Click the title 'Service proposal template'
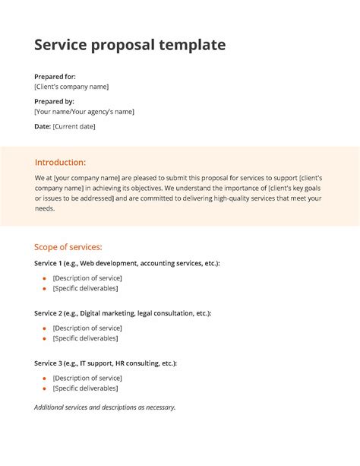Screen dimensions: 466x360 click(x=130, y=45)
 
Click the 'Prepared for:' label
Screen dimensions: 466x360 click(x=55, y=77)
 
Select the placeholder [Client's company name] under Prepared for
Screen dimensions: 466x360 click(x=77, y=87)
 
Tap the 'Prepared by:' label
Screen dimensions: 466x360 click(x=54, y=101)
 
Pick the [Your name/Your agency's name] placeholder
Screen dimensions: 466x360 click(x=84, y=112)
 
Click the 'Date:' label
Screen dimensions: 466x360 click(x=43, y=126)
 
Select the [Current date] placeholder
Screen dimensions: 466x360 click(x=74, y=126)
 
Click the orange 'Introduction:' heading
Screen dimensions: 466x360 click(x=60, y=162)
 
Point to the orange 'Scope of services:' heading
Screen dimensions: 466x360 click(x=68, y=247)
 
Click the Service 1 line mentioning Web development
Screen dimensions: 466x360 click(x=127, y=263)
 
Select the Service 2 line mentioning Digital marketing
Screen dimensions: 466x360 click(x=122, y=313)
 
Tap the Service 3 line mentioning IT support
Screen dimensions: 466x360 click(x=106, y=363)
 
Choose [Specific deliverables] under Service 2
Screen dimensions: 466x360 click(x=85, y=338)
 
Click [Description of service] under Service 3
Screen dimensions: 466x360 click(x=87, y=378)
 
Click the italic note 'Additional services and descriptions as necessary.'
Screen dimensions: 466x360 click(x=105, y=407)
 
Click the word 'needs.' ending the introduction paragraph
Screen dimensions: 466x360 click(x=45, y=208)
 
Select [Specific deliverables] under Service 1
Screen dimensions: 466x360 click(x=85, y=288)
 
